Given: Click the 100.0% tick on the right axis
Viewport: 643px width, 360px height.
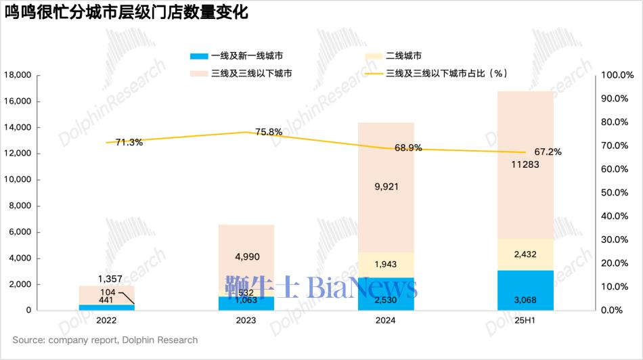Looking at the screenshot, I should [617, 75].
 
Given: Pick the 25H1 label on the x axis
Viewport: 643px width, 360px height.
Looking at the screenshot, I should [526, 320].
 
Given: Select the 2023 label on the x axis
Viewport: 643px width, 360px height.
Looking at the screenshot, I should [246, 320].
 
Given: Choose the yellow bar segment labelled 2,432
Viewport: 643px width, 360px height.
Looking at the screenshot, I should [525, 254].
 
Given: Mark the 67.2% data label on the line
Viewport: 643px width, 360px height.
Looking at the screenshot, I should [548, 152].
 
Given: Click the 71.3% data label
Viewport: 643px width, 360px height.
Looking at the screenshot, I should [129, 142].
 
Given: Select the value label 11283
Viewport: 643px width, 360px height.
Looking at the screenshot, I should [526, 164].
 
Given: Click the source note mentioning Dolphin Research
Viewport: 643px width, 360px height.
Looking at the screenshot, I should [105, 340].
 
